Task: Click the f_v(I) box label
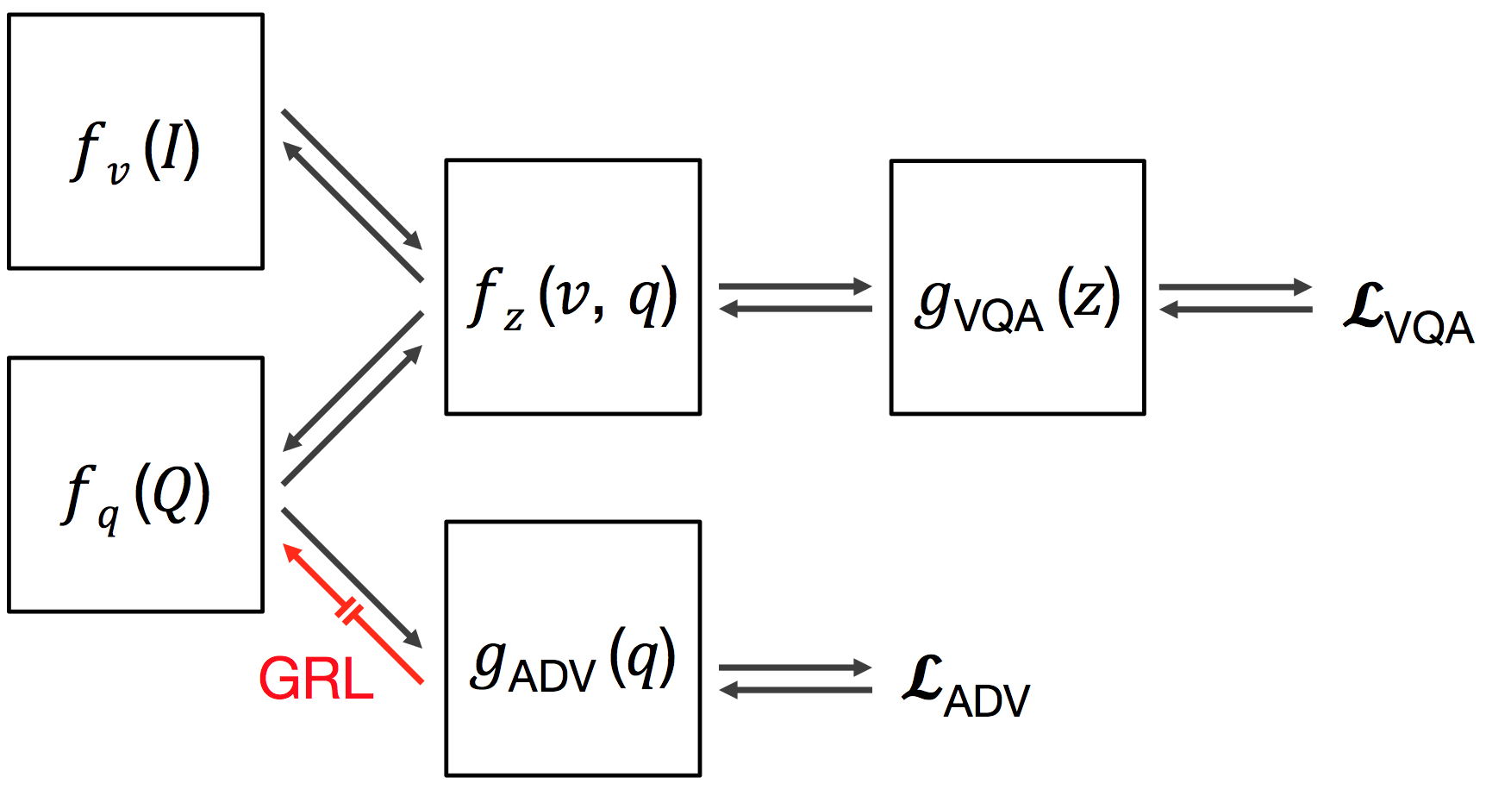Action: pos(135,152)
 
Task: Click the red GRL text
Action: pos(316,680)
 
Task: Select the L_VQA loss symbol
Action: pos(1407,314)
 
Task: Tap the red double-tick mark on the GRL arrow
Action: pos(349,611)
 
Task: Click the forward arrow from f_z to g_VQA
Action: pos(795,286)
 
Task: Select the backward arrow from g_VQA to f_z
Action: pos(795,309)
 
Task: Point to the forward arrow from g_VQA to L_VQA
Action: pos(1235,286)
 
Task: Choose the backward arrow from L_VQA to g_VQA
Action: pos(1235,309)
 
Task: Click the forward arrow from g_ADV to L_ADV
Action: pos(795,668)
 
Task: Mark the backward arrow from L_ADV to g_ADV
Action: pos(795,690)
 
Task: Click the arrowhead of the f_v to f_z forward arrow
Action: pos(414,241)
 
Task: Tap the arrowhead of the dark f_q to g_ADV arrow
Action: pos(414,639)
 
